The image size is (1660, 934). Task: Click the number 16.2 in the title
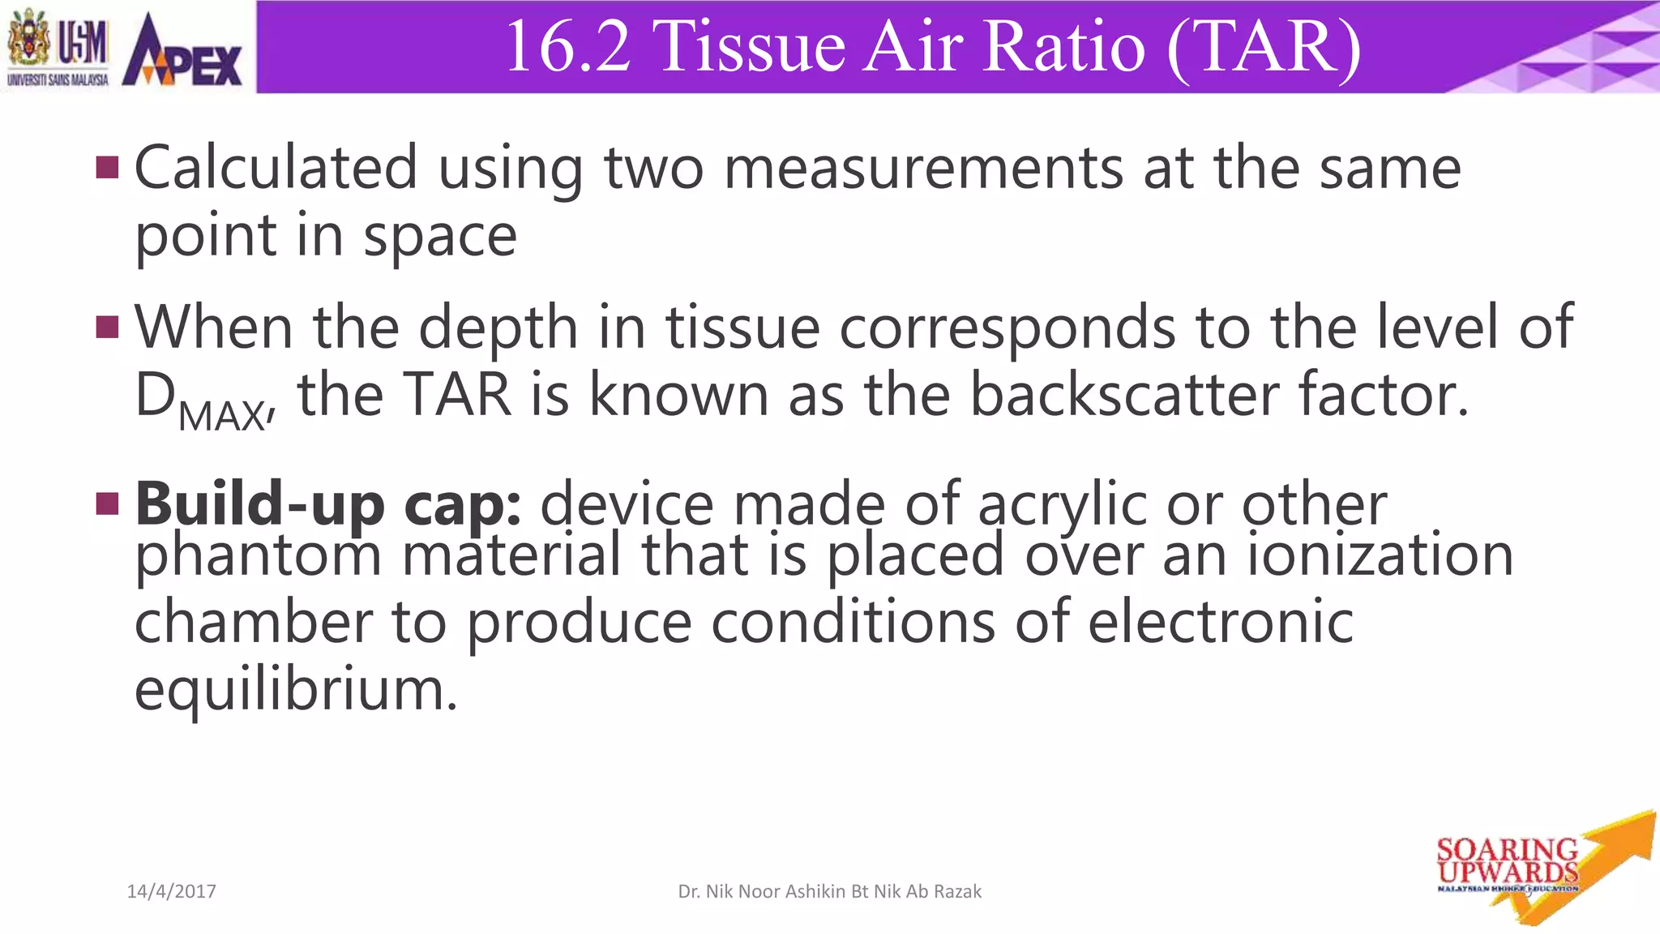point(568,46)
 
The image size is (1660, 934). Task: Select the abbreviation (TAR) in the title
point(1264,46)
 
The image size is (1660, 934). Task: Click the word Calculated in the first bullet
point(276,167)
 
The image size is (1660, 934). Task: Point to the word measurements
point(922,169)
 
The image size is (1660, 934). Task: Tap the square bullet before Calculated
point(107,167)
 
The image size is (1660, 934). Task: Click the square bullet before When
point(107,327)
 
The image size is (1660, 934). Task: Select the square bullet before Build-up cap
point(107,503)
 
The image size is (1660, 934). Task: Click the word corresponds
point(1007,328)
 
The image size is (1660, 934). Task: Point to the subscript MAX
point(221,416)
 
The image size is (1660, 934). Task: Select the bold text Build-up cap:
point(328,505)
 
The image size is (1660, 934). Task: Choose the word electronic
point(1220,622)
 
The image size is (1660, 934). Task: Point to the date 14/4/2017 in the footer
point(172,892)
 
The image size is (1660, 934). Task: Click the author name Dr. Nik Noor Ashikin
point(829,892)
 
